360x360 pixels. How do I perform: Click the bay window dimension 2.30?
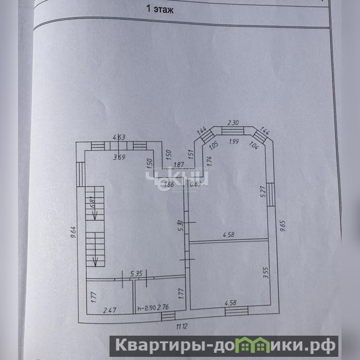pos(232,122)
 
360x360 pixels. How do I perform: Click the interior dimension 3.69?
pos(119,157)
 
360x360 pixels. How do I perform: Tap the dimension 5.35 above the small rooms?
pos(136,273)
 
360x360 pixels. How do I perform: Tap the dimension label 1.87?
pos(178,165)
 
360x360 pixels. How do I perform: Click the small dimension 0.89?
pos(196,184)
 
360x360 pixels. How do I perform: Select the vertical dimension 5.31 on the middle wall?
pos(180,225)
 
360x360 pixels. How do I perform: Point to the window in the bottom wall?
pos(237,311)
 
